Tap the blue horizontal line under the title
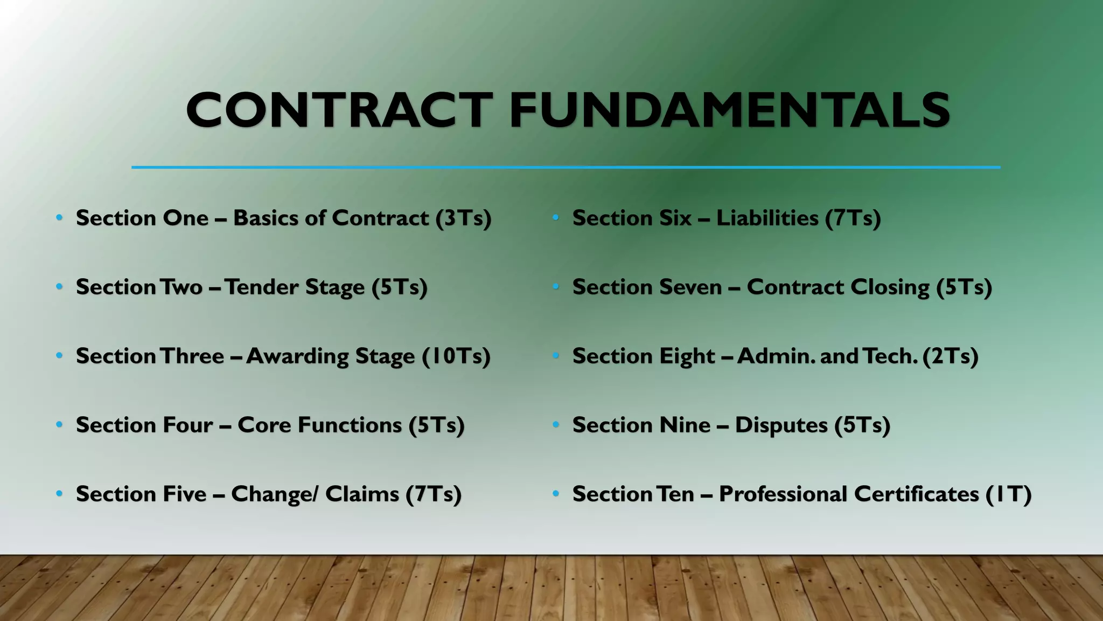(x=566, y=168)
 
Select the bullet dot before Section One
(x=59, y=218)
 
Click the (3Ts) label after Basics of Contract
(x=464, y=218)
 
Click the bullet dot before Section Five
(x=59, y=494)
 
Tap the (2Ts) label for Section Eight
(x=950, y=356)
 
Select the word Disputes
(x=781, y=425)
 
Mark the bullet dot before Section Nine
(x=556, y=425)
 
